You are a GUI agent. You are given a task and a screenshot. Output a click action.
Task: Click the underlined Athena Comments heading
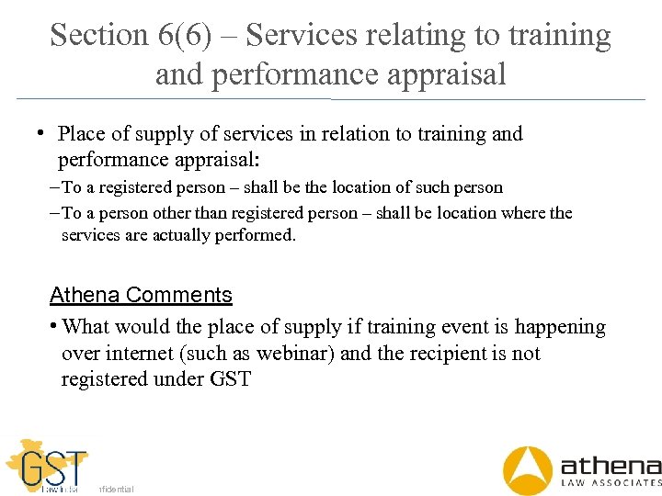tap(141, 295)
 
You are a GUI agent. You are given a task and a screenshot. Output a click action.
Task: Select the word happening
tap(560, 327)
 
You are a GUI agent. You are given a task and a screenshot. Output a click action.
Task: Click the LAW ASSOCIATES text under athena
tap(611, 482)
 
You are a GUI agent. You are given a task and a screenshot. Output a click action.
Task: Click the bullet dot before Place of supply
tap(41, 133)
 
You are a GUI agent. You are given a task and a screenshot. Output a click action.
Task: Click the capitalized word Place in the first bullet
tap(81, 134)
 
